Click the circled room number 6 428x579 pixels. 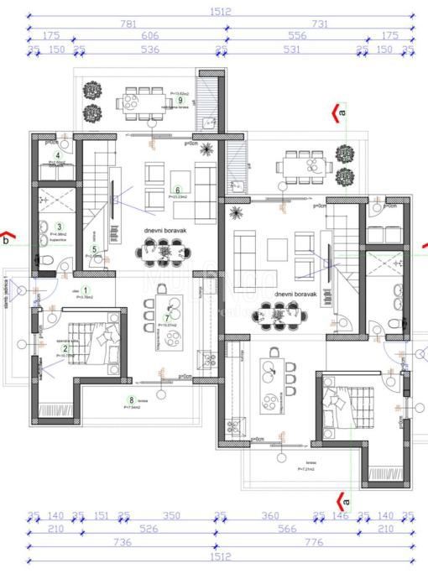click(x=177, y=190)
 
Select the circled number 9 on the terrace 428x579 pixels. click(x=180, y=100)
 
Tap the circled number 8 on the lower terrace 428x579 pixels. click(x=131, y=400)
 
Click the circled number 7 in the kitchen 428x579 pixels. click(x=167, y=318)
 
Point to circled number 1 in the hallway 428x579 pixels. click(x=85, y=289)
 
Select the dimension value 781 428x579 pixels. click(x=128, y=24)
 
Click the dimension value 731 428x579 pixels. click(x=320, y=24)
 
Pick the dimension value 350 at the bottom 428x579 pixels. click(x=171, y=517)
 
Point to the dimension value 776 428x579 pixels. click(x=315, y=543)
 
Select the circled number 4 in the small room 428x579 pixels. click(x=58, y=155)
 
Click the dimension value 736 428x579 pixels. click(x=123, y=543)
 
